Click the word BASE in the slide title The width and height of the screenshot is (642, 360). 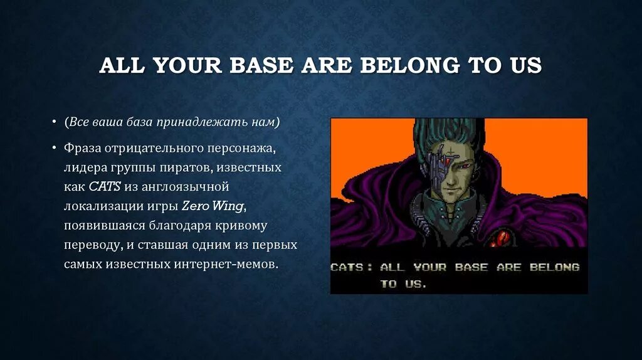(x=261, y=65)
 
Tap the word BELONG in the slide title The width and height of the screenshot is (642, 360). (x=409, y=65)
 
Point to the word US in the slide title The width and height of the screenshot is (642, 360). (x=526, y=65)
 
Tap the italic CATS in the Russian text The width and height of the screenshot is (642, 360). (x=105, y=187)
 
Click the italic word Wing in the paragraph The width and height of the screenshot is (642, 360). (x=228, y=206)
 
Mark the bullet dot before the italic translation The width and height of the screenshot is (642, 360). (x=54, y=122)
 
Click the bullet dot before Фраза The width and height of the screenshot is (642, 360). (x=54, y=147)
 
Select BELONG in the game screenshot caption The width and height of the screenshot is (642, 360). (x=554, y=267)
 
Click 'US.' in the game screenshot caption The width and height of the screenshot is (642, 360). (x=416, y=284)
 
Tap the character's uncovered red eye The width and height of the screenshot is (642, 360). (x=466, y=166)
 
